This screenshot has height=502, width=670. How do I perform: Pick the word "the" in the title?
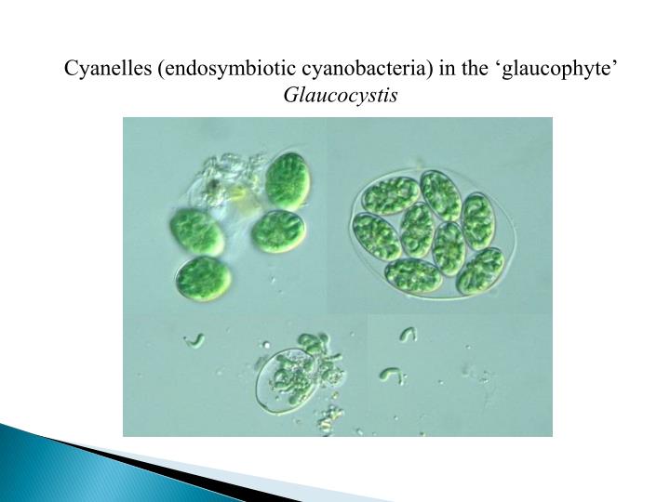click(485, 70)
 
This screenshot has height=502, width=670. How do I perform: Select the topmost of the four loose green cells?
click(287, 178)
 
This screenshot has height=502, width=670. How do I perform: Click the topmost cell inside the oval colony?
click(439, 193)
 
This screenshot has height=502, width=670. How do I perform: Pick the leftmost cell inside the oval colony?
click(376, 235)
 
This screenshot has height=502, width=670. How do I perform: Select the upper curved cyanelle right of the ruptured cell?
click(407, 333)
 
